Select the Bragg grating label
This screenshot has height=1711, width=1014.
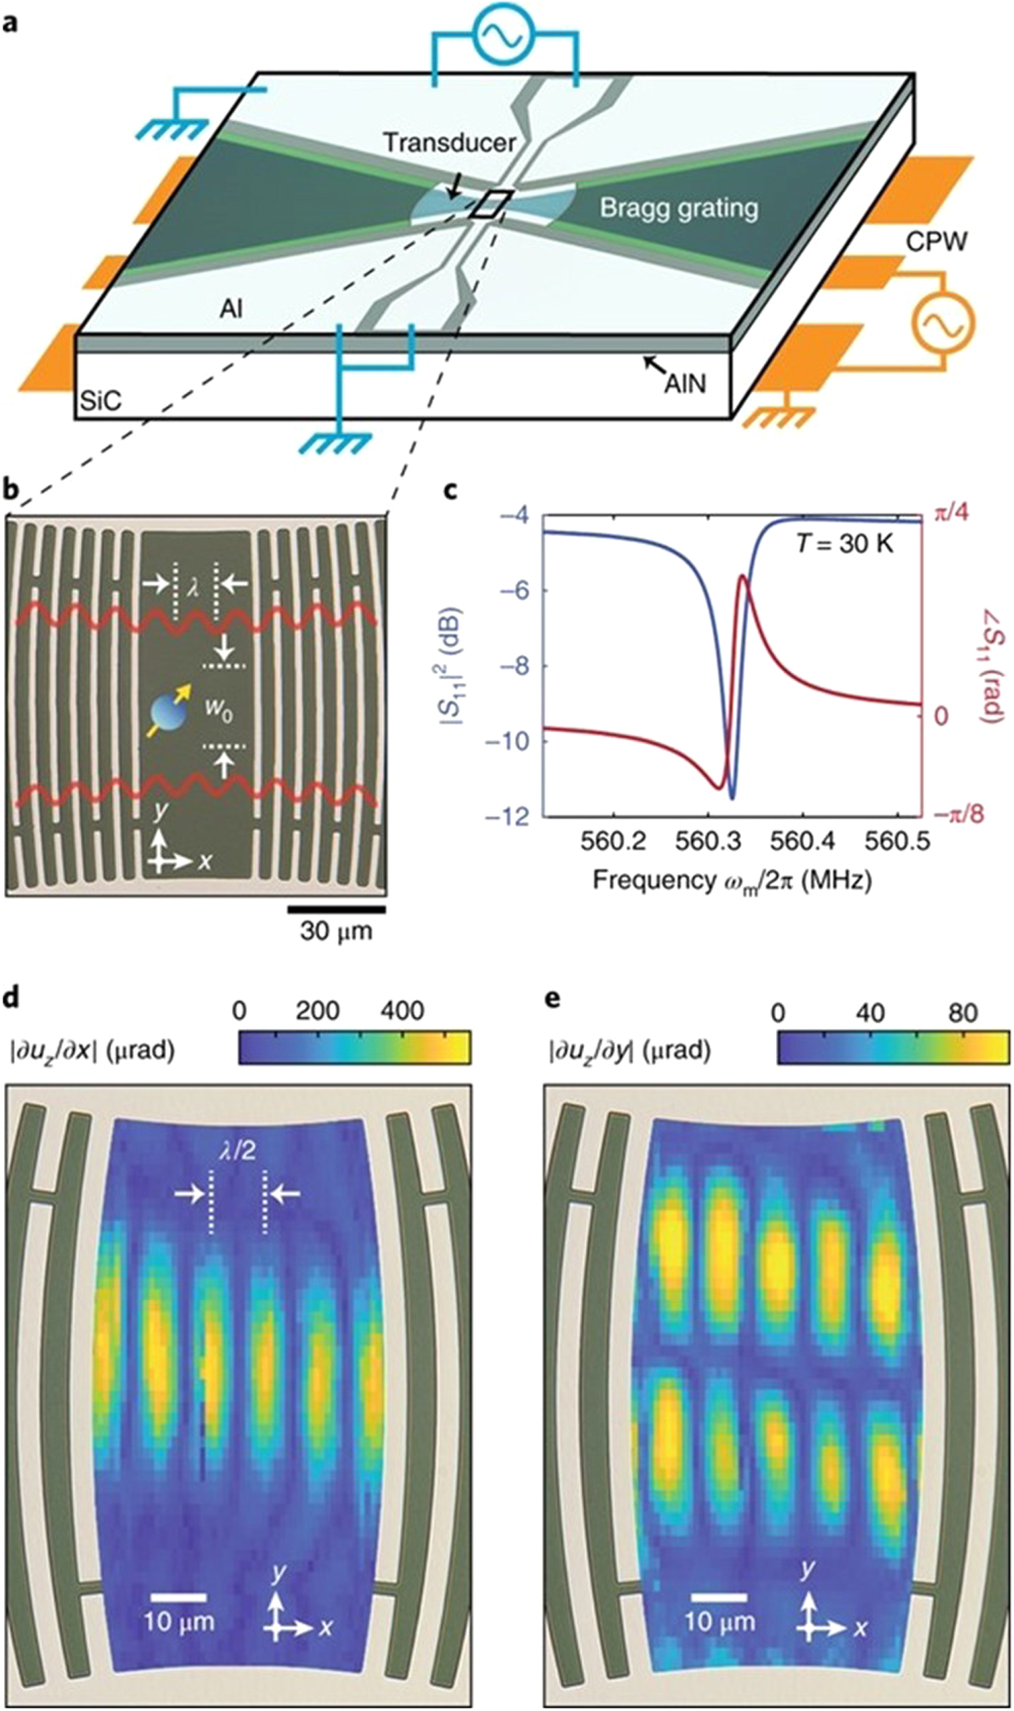[679, 207]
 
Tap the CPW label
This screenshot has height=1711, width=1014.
[936, 241]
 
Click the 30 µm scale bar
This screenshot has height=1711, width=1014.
[336, 908]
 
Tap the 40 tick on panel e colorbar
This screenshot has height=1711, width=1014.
[870, 1012]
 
